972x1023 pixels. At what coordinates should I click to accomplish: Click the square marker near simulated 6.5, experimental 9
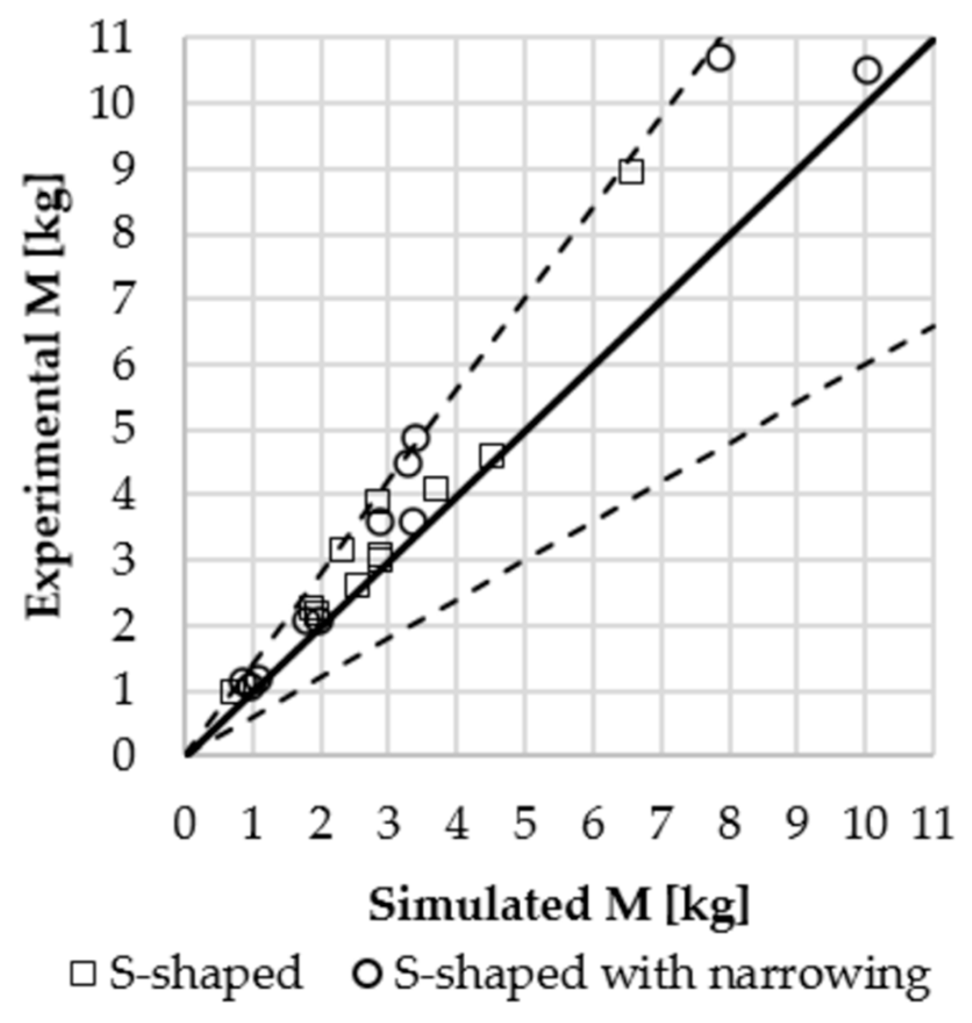click(631, 172)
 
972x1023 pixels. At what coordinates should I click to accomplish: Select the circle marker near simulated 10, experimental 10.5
click(867, 70)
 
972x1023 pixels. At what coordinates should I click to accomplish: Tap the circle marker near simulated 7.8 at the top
click(720, 58)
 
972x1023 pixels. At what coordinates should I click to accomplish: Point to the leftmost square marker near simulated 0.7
click(232, 691)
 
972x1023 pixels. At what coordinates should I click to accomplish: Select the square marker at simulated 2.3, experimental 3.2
click(342, 549)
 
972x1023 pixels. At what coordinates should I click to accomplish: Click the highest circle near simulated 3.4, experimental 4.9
click(416, 438)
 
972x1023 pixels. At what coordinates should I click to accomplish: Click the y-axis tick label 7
click(123, 300)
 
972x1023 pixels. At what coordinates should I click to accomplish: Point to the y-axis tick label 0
click(123, 757)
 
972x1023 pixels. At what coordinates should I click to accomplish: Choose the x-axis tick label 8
click(729, 824)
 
